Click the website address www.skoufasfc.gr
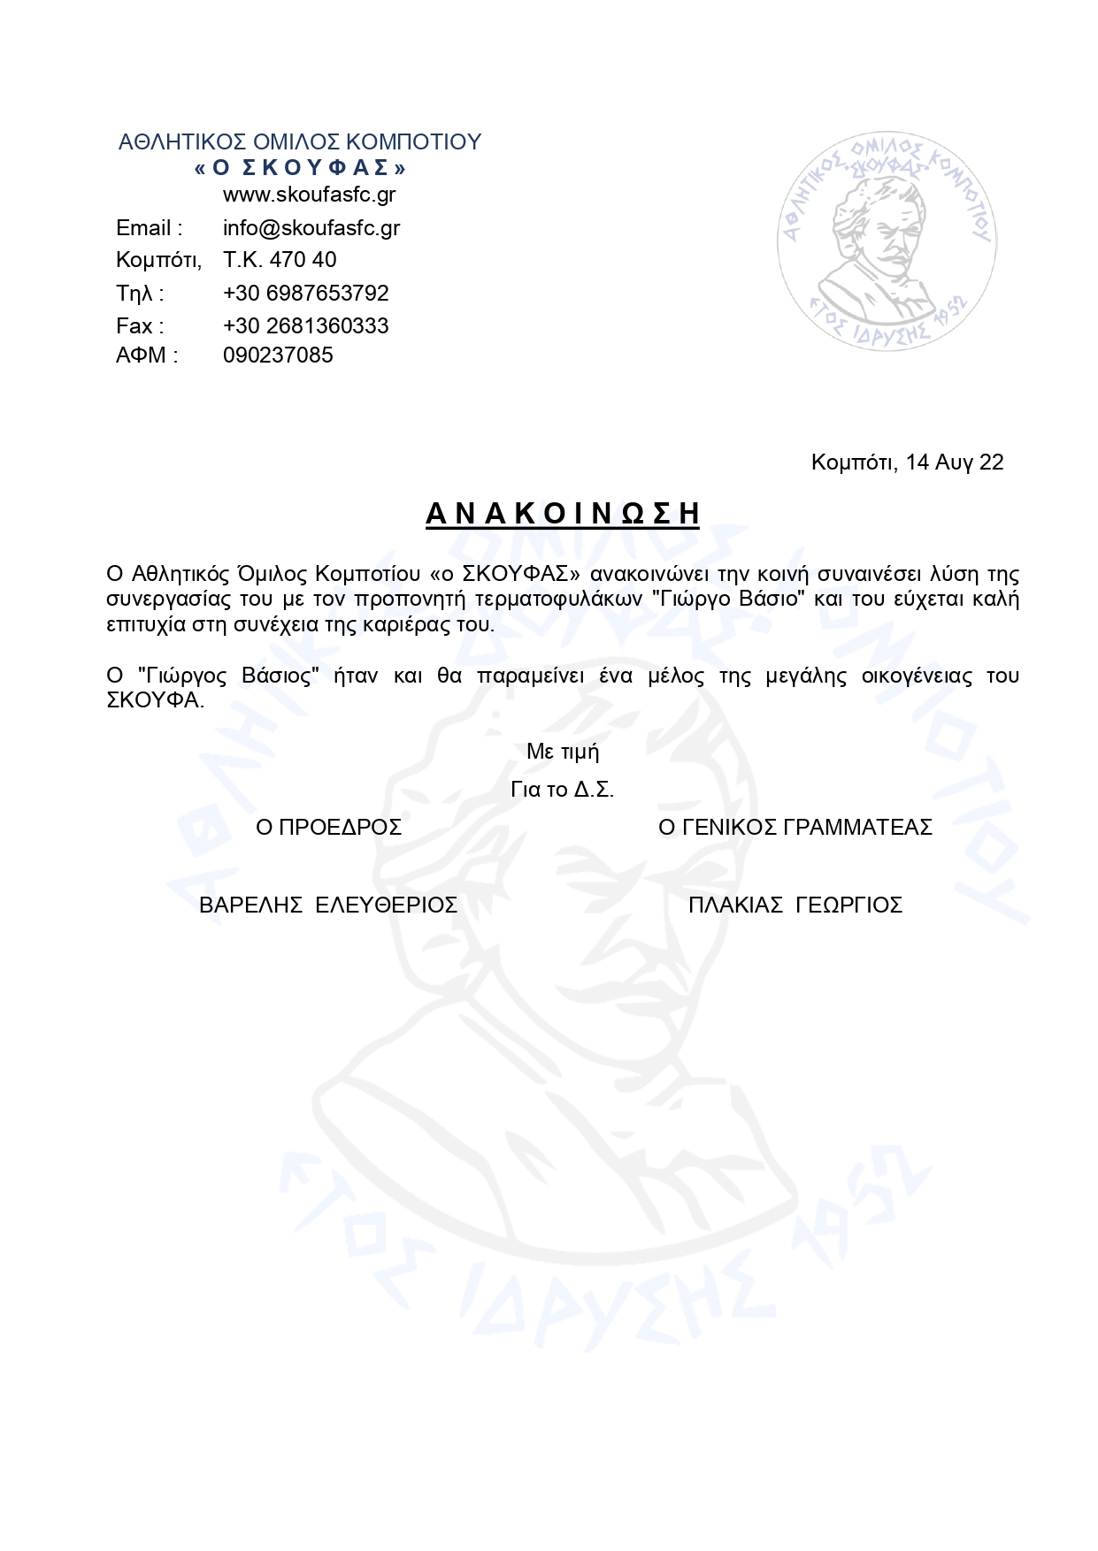(x=309, y=195)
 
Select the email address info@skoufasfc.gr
(x=311, y=228)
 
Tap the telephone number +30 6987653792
(x=306, y=293)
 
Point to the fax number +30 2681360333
(x=306, y=325)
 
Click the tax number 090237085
(x=278, y=355)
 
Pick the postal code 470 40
(x=303, y=260)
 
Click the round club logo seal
(x=886, y=241)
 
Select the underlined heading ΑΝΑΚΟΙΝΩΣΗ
(x=563, y=514)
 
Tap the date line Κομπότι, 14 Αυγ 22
(x=907, y=462)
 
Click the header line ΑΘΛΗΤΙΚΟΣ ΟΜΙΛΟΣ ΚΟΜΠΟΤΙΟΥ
(x=300, y=142)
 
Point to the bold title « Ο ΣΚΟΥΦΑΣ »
(x=300, y=168)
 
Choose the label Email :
(x=150, y=228)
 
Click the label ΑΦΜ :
(x=147, y=355)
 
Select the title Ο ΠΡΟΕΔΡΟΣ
(x=328, y=828)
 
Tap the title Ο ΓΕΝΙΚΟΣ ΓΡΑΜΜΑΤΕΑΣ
(x=795, y=828)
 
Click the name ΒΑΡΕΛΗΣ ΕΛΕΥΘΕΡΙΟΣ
(x=328, y=905)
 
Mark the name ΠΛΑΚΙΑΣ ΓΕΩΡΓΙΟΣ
(x=795, y=905)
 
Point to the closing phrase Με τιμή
(x=563, y=753)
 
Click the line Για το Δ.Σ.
(x=563, y=790)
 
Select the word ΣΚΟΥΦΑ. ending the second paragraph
(x=156, y=700)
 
